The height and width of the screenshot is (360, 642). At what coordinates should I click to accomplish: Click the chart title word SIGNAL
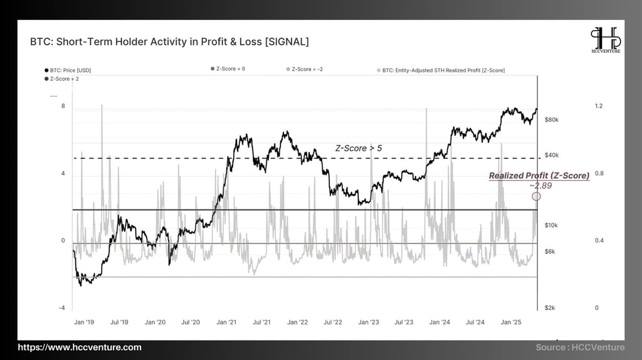coord(286,42)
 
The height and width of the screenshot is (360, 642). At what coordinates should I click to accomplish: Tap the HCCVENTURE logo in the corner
coord(606,41)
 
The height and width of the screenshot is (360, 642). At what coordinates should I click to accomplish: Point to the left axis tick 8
coord(63,107)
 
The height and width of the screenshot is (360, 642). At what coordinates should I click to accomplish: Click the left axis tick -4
coord(61,308)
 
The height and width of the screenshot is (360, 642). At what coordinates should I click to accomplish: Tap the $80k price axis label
coord(552,119)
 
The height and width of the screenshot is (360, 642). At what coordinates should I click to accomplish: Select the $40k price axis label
coord(552,155)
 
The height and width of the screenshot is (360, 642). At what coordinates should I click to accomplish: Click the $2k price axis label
coord(550,308)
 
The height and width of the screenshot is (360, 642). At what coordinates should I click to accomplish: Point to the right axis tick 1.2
coord(598,107)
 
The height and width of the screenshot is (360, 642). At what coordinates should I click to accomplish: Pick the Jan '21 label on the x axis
coord(226,322)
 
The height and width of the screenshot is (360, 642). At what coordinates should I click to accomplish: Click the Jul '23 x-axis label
coord(404,322)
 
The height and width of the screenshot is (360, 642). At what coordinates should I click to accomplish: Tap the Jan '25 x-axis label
coord(512,322)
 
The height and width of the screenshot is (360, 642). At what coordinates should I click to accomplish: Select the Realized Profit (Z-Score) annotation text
coord(539,176)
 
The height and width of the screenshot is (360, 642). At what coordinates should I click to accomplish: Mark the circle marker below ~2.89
coord(536,196)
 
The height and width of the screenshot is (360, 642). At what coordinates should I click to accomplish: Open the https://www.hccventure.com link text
coord(80,347)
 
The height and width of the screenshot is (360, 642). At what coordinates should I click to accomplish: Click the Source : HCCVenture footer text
coord(580,347)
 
